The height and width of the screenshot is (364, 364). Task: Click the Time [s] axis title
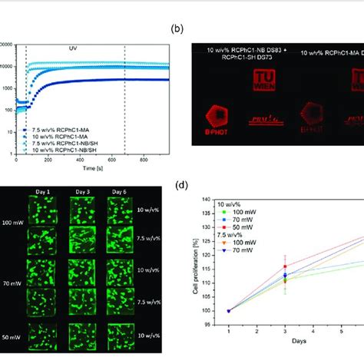point(92,167)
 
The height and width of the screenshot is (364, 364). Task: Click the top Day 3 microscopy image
point(83,210)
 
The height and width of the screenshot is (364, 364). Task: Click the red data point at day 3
point(285,266)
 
